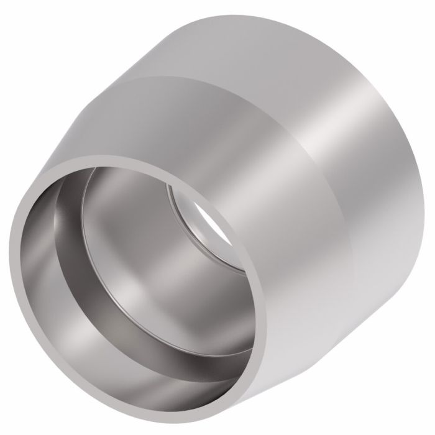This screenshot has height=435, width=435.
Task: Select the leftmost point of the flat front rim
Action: click(13, 236)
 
